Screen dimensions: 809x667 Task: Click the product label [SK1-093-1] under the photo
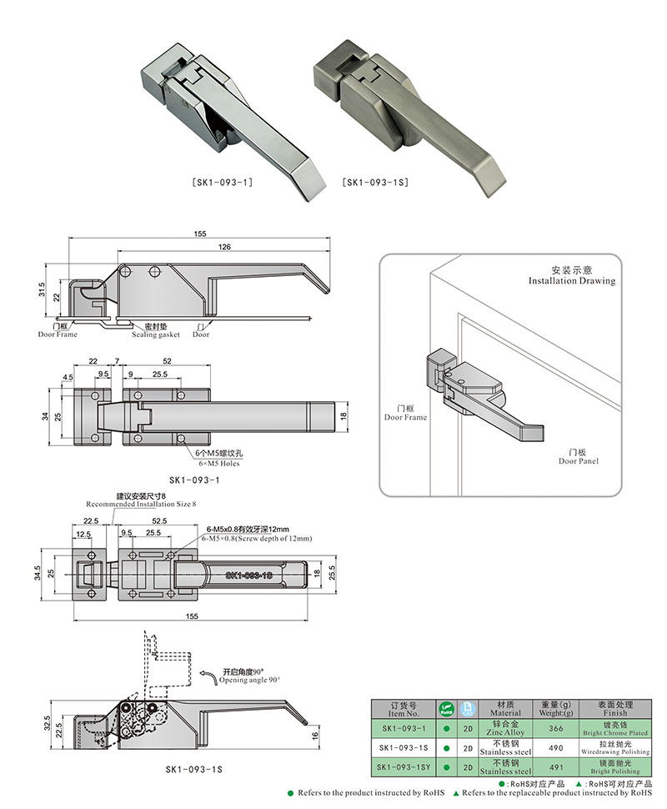(x=223, y=181)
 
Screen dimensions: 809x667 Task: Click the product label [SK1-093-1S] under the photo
(x=374, y=181)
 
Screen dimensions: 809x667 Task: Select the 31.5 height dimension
(x=42, y=289)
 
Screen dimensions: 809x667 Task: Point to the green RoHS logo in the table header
(x=445, y=709)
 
